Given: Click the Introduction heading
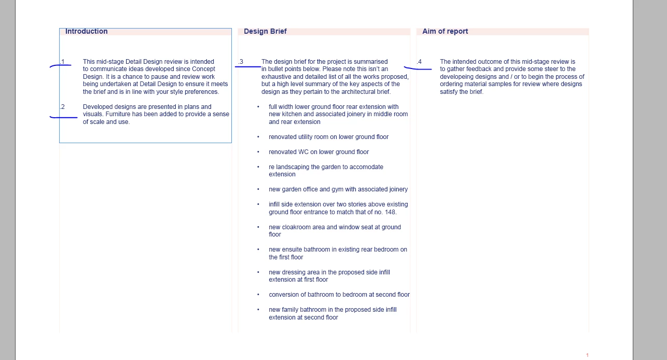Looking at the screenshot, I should [x=86, y=31].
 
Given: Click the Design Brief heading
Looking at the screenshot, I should [x=265, y=31].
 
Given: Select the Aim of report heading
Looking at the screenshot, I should [x=445, y=31].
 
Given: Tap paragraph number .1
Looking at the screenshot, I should [x=62, y=62].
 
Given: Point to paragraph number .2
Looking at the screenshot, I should [x=62, y=107].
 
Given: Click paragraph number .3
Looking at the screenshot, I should [x=241, y=62].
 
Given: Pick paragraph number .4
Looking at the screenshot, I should [x=419, y=62].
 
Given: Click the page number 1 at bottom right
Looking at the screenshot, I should [x=587, y=355].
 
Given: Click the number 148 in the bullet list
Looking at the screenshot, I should [x=390, y=212].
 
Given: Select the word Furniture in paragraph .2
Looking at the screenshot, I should [x=118, y=114].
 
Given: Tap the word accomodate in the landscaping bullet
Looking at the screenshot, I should [x=366, y=167].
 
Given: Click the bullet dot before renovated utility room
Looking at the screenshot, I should [x=258, y=137].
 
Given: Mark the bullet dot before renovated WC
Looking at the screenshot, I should [x=258, y=152].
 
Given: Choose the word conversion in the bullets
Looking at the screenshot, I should [x=283, y=295].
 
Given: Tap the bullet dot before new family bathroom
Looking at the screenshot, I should [x=258, y=310].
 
